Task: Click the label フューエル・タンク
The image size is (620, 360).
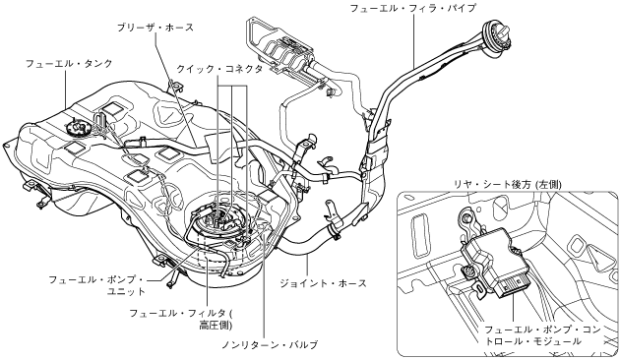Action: [69, 63]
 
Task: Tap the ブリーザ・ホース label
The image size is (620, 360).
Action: [155, 28]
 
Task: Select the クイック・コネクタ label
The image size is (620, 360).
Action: [219, 69]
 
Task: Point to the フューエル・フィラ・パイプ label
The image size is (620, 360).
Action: [413, 8]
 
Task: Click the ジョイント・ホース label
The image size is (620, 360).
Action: [324, 283]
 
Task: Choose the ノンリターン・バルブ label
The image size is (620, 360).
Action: [270, 344]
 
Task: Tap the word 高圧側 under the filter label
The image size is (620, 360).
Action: [216, 326]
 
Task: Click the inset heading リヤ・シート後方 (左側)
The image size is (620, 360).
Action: [507, 184]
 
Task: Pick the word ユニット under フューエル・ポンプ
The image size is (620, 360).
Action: [127, 291]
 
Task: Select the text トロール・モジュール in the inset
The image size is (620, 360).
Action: [533, 341]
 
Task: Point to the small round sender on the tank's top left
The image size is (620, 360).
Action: [77, 128]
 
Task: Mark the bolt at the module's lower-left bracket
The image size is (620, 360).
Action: [468, 271]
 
